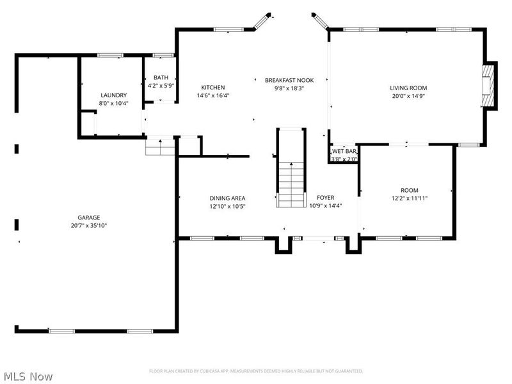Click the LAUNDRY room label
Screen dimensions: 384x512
113,95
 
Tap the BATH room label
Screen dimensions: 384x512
161,77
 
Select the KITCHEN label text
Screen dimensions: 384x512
213,88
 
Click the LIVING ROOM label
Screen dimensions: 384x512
408,88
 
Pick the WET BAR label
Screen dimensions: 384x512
344,151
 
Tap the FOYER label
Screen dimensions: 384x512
325,198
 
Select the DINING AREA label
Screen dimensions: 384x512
227,198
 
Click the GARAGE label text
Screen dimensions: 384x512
89,218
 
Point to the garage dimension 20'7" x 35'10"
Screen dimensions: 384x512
89,226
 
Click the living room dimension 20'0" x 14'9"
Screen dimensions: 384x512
408,96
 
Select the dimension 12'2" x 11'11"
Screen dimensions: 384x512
409,198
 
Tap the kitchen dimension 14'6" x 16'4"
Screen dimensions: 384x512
213,96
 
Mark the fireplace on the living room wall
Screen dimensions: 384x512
489,86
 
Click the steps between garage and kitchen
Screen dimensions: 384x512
160,147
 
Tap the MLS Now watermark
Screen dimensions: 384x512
28,377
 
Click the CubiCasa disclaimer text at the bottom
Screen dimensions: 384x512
256,371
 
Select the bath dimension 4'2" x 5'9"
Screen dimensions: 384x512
161,85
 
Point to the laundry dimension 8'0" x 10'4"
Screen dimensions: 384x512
113,103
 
